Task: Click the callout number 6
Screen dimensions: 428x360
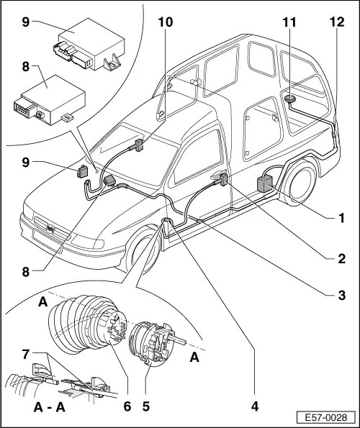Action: click(127, 405)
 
